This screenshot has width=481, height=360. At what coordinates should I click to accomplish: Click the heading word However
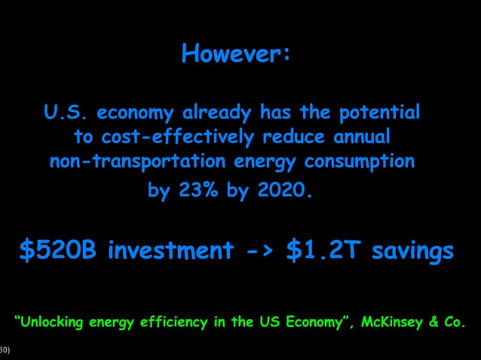236,55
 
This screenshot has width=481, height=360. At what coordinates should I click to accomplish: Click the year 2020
283,191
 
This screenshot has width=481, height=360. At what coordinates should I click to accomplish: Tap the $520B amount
58,251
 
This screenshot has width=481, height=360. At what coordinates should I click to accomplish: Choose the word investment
170,251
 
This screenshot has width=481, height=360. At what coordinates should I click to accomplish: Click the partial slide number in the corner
5,350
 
